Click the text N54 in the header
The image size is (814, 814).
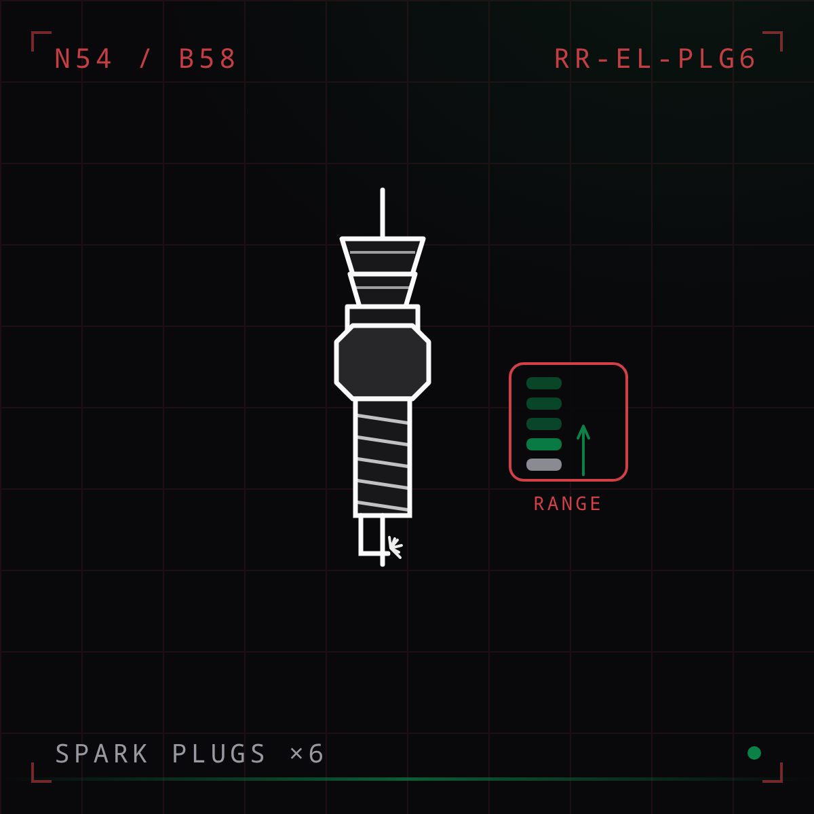point(83,58)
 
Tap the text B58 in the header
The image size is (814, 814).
point(207,58)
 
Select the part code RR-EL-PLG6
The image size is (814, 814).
point(655,58)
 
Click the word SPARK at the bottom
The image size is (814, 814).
point(101,754)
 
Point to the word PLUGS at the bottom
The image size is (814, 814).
point(219,754)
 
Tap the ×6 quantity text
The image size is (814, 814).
point(307,754)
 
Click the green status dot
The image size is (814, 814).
point(754,753)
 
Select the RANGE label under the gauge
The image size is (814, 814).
point(568,503)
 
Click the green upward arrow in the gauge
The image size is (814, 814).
point(583,450)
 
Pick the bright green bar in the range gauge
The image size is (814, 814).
point(543,444)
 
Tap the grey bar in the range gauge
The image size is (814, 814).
point(543,464)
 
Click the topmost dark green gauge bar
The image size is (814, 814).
point(543,383)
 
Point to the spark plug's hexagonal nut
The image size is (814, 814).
point(383,362)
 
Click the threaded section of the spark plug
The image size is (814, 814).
point(383,458)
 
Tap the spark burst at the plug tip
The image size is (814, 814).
point(395,547)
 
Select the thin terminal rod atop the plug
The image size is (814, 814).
point(383,212)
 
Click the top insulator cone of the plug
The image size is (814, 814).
point(383,255)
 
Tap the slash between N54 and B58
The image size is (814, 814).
point(145,58)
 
